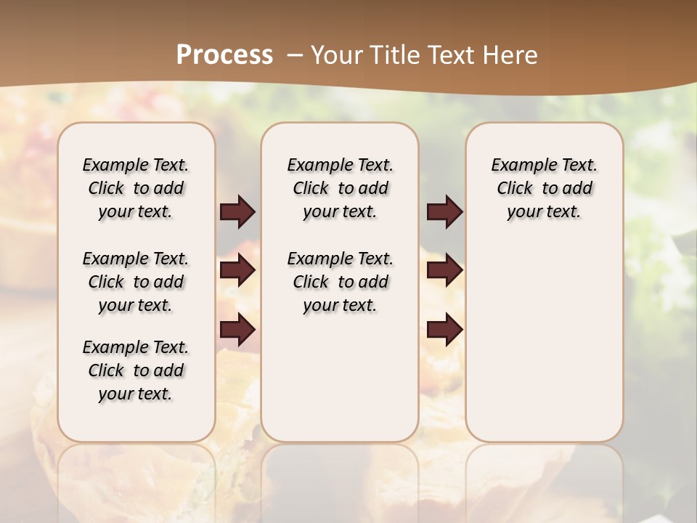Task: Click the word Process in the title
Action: click(x=224, y=55)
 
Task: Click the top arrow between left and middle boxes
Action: click(x=237, y=212)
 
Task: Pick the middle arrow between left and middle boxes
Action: click(x=237, y=271)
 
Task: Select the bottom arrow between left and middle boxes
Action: click(x=237, y=330)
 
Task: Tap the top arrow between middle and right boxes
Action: click(x=444, y=212)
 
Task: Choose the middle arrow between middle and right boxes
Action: click(x=444, y=271)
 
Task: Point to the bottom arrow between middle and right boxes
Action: click(x=444, y=330)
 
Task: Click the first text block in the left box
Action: click(x=136, y=188)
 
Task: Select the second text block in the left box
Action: click(x=136, y=282)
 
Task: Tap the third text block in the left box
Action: click(x=136, y=370)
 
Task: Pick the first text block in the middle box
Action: click(x=340, y=188)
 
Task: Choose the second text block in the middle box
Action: click(x=340, y=282)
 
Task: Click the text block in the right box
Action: click(x=544, y=188)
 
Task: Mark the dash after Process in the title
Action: click(x=294, y=55)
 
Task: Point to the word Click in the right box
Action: click(x=515, y=189)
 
